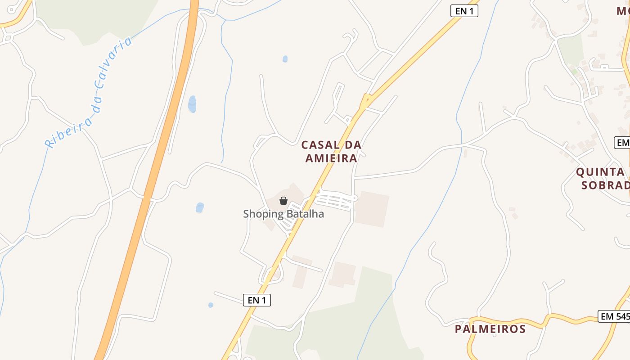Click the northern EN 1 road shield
point(464,11)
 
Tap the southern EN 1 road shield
point(257,300)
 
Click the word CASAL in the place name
point(319,145)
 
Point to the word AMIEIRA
point(331,158)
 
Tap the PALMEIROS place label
point(490,329)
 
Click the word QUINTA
point(600,172)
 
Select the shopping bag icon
point(283,201)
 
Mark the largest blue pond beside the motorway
point(192,104)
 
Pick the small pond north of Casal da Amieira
point(285,59)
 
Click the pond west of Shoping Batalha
point(200,207)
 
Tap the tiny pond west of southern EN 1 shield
point(211,305)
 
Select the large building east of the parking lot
point(372,209)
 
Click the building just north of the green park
point(342,274)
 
